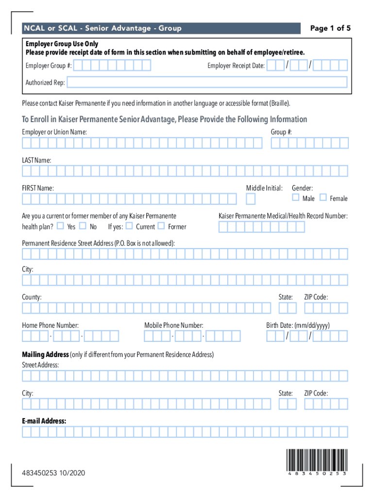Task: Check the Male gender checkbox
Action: pos(295,197)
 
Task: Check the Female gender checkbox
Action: pos(323,197)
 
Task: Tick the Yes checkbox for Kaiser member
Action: pos(60,226)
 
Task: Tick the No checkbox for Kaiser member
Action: pos(83,226)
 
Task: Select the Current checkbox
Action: pos(129,226)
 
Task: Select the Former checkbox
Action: pos(161,226)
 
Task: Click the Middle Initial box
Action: pos(251,199)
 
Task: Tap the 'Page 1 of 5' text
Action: pos(330,28)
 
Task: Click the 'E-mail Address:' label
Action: pos(44,421)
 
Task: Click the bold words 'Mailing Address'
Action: pos(45,355)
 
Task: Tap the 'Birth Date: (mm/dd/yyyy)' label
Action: pos(298,325)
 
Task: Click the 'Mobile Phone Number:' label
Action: pos(174,325)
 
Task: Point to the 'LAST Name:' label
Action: pos(36,160)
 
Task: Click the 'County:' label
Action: pos(32,297)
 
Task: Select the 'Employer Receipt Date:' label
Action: pos(236,66)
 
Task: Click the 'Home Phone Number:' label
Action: pos(51,325)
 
